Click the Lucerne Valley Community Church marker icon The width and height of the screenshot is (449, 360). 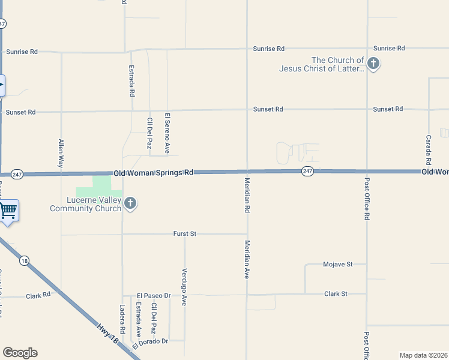(x=130, y=204)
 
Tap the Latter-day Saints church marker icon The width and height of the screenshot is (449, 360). (x=373, y=63)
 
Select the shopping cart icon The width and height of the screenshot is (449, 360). (x=8, y=211)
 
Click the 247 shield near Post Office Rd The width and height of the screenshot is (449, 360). (x=307, y=171)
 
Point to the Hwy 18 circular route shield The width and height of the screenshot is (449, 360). (x=24, y=260)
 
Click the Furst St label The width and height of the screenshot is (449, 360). (x=185, y=233)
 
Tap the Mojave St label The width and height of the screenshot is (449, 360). (x=337, y=264)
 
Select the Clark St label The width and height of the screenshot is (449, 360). (x=336, y=294)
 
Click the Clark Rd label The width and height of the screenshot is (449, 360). (x=38, y=296)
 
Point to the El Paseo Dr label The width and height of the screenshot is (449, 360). (x=154, y=296)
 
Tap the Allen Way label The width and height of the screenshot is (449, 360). (x=61, y=153)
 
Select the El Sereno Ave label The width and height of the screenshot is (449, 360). (x=168, y=133)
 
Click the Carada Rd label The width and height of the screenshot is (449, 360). (x=429, y=150)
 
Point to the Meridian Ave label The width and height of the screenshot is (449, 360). (x=247, y=259)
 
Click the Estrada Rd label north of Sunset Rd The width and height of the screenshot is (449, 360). (x=131, y=82)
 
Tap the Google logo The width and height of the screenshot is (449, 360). (x=20, y=352)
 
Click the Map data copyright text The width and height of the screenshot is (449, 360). (x=423, y=355)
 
